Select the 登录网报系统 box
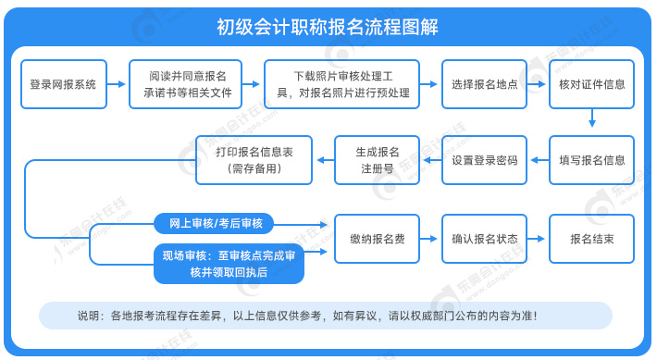(x=63, y=84)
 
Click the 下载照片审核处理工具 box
(x=342, y=84)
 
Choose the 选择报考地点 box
(x=484, y=84)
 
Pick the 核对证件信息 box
(x=592, y=84)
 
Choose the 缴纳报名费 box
(x=376, y=239)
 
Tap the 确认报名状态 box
(x=484, y=239)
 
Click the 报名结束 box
(x=592, y=239)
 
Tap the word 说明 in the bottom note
(x=89, y=316)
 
